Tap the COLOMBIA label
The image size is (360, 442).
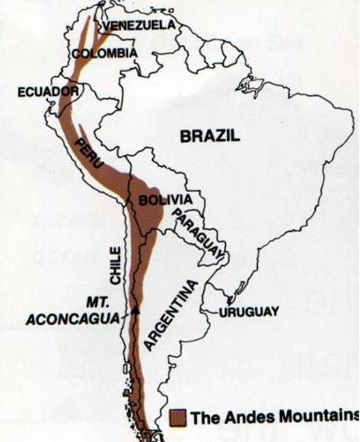(x=105, y=53)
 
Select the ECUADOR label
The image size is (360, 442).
(x=39, y=92)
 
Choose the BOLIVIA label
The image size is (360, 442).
(x=165, y=200)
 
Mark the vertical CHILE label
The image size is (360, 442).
(x=115, y=263)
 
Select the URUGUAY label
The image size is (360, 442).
(x=249, y=312)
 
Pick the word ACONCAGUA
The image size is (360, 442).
(x=72, y=320)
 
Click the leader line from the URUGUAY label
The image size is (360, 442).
(x=210, y=312)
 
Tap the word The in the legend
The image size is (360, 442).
(x=202, y=417)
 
